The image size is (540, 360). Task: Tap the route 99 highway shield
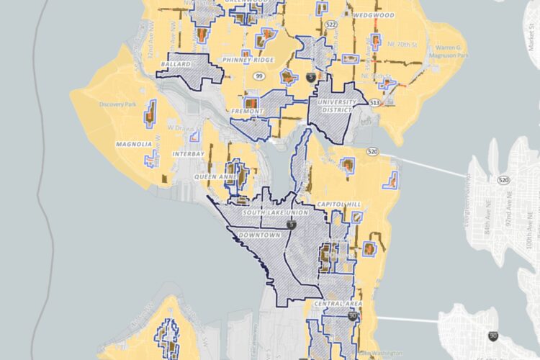tap(258, 74)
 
